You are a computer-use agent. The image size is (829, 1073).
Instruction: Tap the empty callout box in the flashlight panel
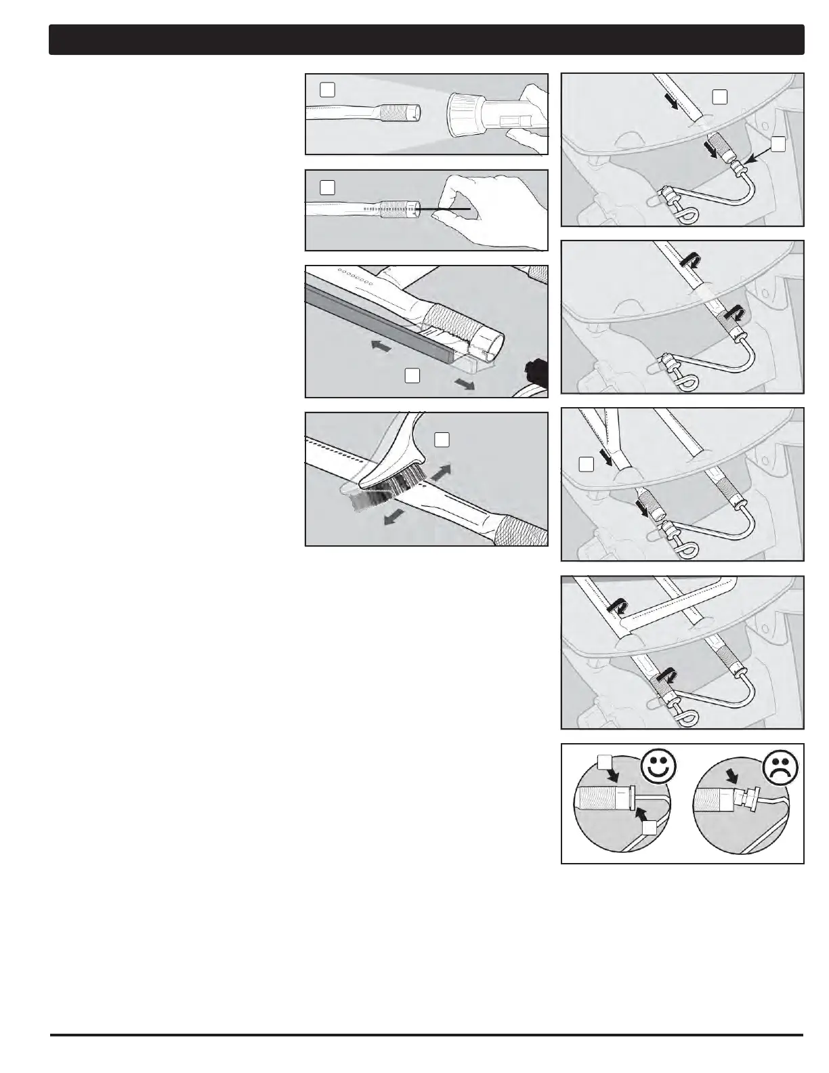point(327,89)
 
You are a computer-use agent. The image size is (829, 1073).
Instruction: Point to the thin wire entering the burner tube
point(447,209)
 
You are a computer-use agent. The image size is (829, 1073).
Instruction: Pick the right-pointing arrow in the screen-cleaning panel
point(465,384)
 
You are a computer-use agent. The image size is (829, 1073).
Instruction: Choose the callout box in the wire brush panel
point(442,440)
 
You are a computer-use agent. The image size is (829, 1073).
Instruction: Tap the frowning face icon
point(781,767)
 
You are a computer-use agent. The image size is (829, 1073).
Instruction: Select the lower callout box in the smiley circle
point(650,828)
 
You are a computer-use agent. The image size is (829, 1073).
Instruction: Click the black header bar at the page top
point(427,40)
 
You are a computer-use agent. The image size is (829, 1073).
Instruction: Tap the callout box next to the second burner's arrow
point(587,464)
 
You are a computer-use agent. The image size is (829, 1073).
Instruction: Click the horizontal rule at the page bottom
point(427,1034)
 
